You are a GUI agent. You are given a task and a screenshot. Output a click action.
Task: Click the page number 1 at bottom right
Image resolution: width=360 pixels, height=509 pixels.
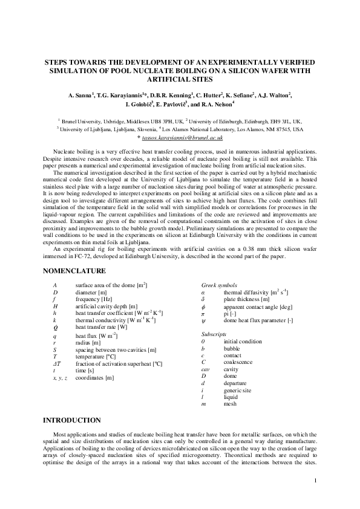point(316,481)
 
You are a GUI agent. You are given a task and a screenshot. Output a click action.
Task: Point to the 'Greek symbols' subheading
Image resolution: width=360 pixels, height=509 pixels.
point(219,285)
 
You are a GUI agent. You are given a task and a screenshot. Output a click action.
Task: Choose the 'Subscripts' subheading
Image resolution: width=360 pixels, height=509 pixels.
point(214,334)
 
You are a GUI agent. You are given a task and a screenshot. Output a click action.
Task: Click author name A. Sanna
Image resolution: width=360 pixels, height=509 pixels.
point(80,95)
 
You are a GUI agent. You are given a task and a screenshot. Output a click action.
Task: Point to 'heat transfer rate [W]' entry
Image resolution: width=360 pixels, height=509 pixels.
point(101,327)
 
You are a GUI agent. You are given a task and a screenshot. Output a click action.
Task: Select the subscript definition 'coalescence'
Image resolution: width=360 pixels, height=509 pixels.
point(240,363)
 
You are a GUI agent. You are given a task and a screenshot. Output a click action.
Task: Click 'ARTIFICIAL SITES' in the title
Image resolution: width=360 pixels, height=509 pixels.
point(180,79)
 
